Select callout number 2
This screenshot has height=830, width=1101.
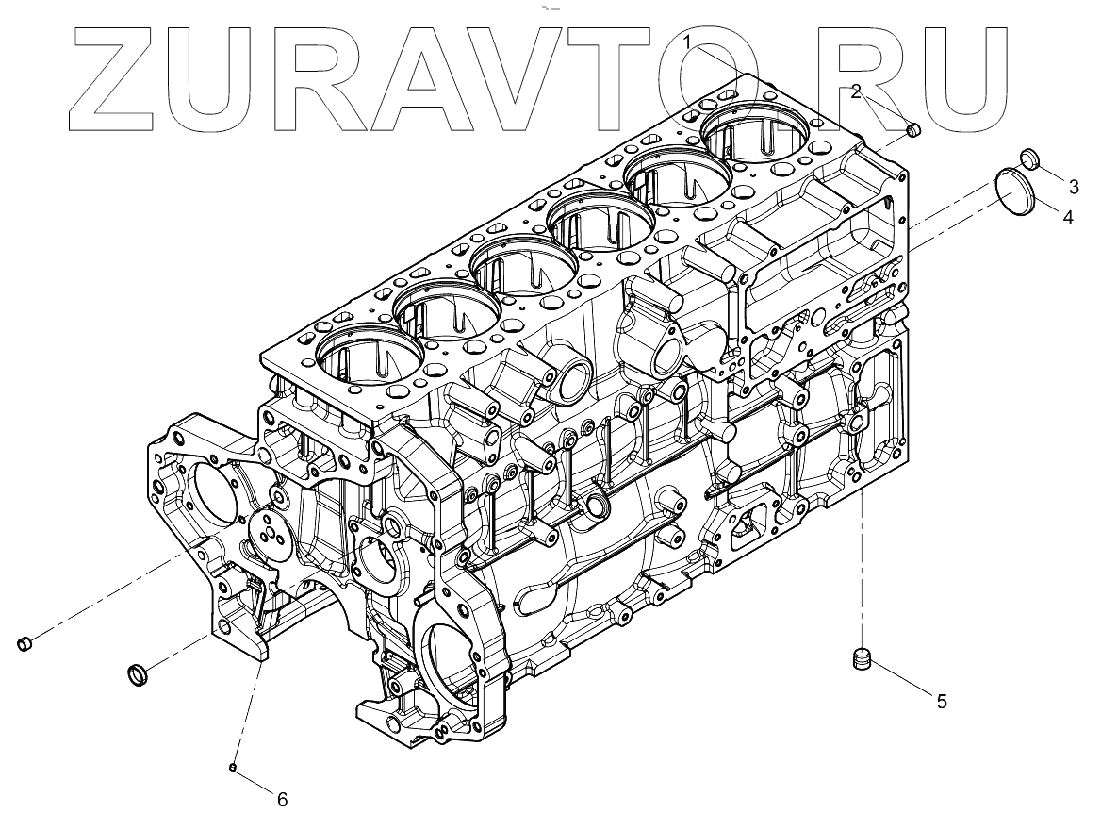coord(856,91)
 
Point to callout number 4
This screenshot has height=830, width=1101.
coord(1067,217)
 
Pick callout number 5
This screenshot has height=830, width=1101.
coord(941,701)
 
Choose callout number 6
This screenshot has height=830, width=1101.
coord(282,800)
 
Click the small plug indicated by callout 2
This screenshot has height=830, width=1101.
coord(912,130)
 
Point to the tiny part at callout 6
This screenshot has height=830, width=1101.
coord(232,768)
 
